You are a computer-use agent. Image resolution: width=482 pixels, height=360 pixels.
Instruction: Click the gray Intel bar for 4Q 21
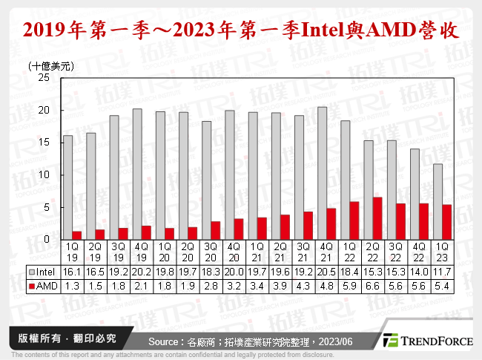tap(321, 174)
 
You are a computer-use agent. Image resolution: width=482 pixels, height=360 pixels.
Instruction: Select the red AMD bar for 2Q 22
tap(377, 218)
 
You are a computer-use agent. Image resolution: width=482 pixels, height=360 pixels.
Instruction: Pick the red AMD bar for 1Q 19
tap(76, 235)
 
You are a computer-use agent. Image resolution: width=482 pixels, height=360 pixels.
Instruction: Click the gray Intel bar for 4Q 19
tap(136, 174)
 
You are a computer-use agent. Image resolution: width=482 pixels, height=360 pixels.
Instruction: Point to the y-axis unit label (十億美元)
tap(50, 65)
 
